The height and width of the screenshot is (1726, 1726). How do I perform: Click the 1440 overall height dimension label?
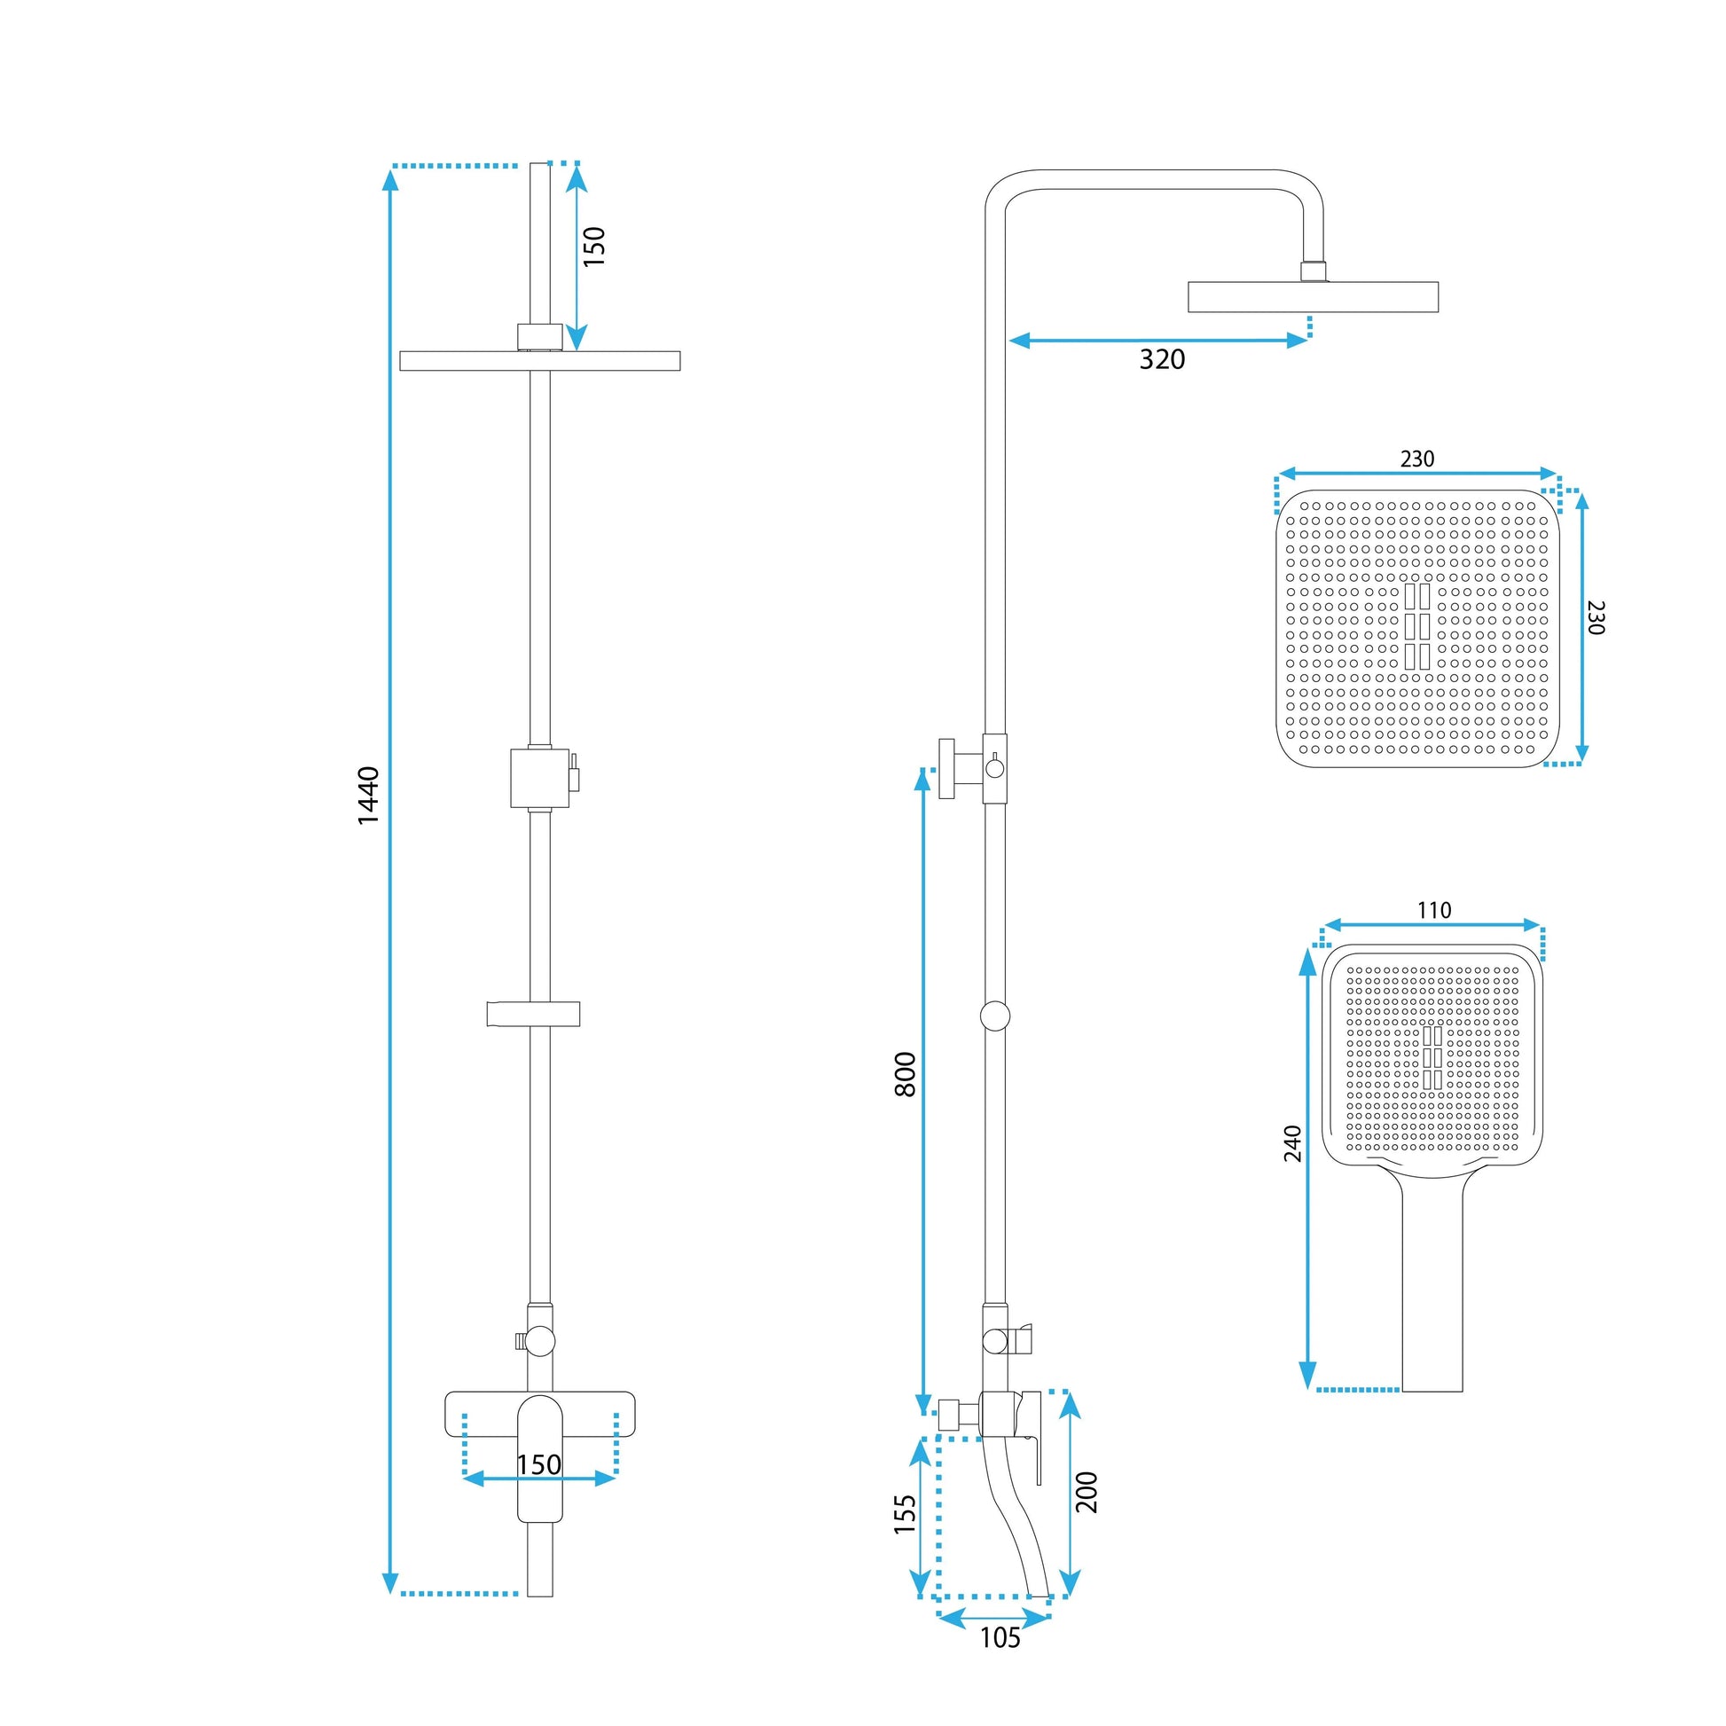point(369,794)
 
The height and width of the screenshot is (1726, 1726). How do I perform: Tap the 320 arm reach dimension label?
point(1161,359)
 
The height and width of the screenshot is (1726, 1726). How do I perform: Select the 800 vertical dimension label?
point(905,1074)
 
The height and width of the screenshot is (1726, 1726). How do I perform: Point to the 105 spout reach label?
point(1000,1662)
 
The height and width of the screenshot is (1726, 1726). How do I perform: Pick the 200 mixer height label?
point(1087,1491)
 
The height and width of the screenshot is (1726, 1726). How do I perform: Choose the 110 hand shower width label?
point(1434,910)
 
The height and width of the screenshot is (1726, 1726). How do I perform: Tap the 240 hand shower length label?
point(1292,1143)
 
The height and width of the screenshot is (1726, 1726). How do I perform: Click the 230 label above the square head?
point(1416,459)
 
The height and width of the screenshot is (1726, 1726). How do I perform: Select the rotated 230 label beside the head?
point(1597,617)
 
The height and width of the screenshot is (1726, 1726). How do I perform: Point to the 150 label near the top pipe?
point(594,247)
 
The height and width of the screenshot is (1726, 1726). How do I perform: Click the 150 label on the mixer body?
point(538,1464)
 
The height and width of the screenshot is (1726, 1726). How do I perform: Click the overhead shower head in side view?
point(1313,296)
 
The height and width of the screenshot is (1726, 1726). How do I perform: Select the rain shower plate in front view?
point(539,360)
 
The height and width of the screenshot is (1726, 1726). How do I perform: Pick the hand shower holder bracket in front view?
point(533,1013)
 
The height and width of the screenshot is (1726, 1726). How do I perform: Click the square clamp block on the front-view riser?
point(539,777)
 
